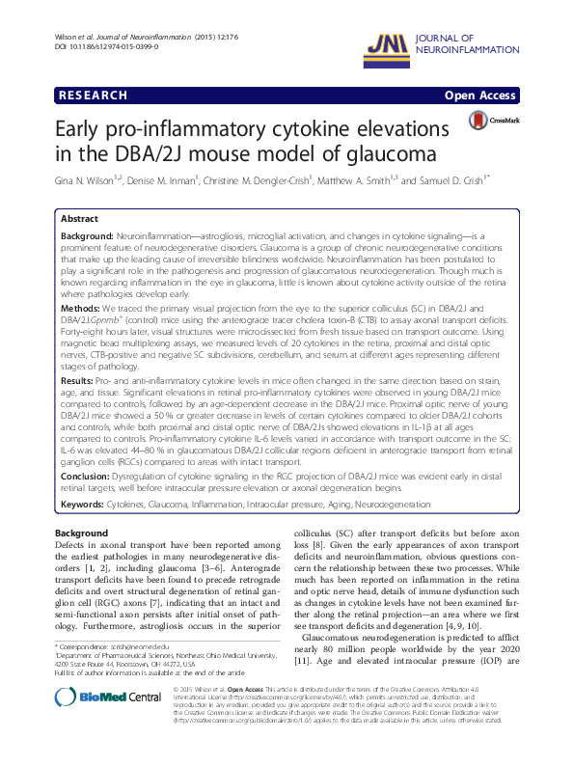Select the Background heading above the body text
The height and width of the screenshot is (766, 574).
[82, 533]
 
